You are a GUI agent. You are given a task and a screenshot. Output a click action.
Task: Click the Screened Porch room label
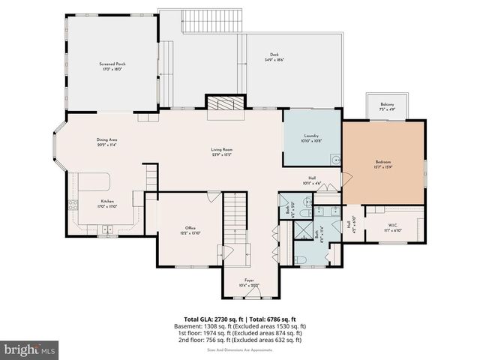[112, 64]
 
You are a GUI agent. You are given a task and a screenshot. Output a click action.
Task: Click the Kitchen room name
[107, 201]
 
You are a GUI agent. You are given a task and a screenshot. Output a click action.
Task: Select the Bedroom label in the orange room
[383, 162]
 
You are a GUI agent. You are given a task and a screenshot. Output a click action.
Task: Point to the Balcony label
[387, 108]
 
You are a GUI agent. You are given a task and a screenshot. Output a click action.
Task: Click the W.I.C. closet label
[394, 227]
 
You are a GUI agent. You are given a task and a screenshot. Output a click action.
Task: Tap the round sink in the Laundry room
[335, 159]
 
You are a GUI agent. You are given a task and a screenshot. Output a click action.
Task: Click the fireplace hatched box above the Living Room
[226, 103]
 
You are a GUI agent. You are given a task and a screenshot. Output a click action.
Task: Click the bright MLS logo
[30, 349]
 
